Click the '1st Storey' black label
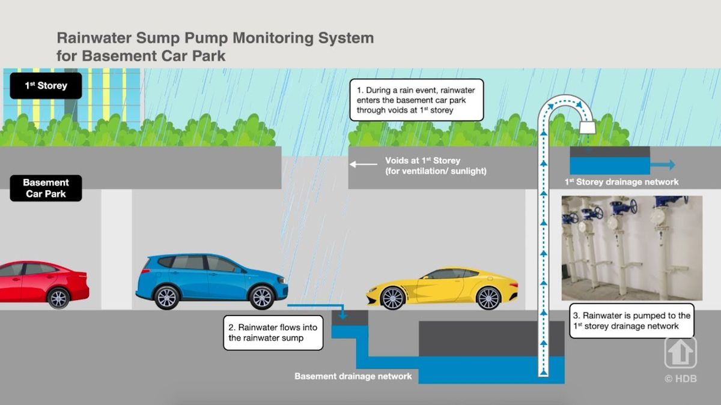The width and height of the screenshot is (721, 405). pyautogui.click(x=46, y=85)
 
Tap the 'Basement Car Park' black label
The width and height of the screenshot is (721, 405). pyautogui.click(x=46, y=188)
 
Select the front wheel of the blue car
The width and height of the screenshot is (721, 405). pyautogui.click(x=262, y=296)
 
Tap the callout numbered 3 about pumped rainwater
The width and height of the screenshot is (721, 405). pyautogui.click(x=631, y=320)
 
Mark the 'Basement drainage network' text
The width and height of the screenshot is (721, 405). pyautogui.click(x=353, y=376)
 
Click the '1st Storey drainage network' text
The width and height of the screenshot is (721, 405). pyautogui.click(x=621, y=182)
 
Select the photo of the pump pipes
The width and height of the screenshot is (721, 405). pyautogui.click(x=631, y=247)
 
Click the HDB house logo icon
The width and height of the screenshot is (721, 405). pyautogui.click(x=680, y=353)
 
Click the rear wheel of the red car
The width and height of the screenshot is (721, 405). pyautogui.click(x=58, y=298)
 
